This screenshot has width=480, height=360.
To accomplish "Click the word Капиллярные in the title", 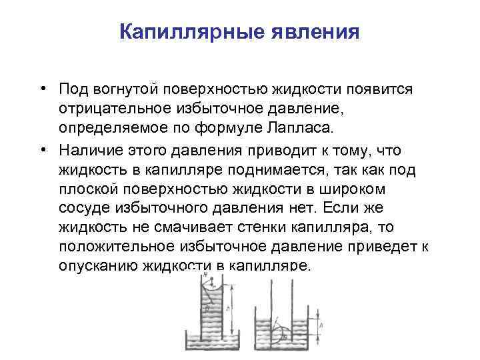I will [179, 33].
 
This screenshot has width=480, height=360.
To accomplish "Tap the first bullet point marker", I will [42, 89].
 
